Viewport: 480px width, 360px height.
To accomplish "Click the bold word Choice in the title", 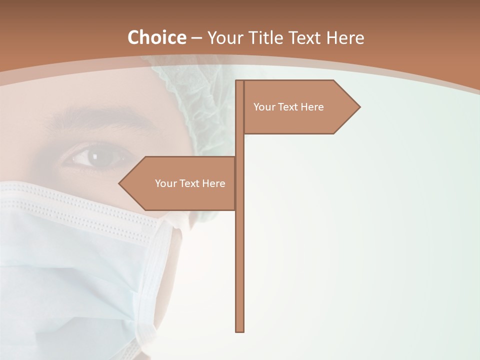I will (156, 37).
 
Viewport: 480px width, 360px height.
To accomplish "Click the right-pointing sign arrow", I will (300, 106).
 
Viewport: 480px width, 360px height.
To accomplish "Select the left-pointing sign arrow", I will (180, 183).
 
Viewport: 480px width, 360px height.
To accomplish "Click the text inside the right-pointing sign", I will (288, 107).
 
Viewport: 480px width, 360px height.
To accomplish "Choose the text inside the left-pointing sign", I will (190, 183).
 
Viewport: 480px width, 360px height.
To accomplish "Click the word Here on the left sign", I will (213, 183).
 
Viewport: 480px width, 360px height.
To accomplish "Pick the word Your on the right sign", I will (263, 107).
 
